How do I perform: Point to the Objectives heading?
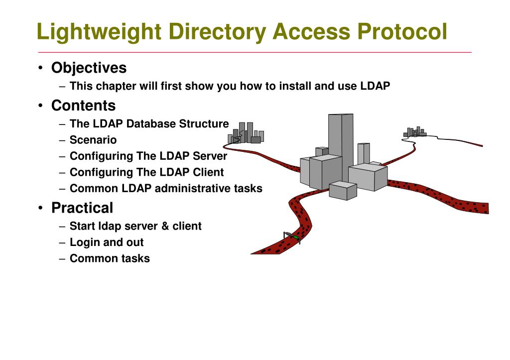click(x=89, y=68)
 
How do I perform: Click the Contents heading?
click(x=83, y=106)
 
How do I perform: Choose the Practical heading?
click(x=82, y=208)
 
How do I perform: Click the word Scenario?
click(x=93, y=140)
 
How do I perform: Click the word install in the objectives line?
click(x=295, y=86)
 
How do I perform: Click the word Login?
click(x=85, y=242)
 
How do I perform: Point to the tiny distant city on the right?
click(x=414, y=132)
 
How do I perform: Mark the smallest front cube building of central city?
click(x=343, y=191)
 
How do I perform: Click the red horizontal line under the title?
click(x=255, y=52)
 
